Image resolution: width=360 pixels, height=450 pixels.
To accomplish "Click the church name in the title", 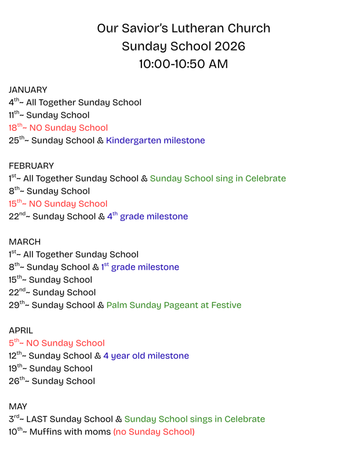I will tap(183, 29).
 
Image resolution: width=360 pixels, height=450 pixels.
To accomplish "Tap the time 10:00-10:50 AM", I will tap(183, 64).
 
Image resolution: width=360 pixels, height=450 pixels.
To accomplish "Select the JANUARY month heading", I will tap(28, 90).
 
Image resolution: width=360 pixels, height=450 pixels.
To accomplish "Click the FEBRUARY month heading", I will tap(31, 166).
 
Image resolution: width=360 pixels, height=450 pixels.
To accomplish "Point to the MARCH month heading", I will tap(25, 242).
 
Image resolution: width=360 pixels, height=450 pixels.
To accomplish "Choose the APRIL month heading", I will tap(21, 330).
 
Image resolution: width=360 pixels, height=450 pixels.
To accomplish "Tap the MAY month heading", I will tap(18, 406).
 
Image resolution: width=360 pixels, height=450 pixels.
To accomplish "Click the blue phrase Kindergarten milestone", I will tap(155, 141).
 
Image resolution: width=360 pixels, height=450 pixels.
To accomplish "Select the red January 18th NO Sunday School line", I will tap(58, 128).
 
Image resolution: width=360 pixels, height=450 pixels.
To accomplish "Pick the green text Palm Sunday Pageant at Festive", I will tap(174, 305).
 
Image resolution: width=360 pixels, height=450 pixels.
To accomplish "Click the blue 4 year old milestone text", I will tap(146, 356).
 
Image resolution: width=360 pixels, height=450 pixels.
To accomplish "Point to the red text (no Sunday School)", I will tap(154, 432).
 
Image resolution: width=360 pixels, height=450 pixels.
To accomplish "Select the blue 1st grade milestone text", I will tap(140, 267).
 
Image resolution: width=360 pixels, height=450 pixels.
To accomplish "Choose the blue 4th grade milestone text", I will tap(147, 216).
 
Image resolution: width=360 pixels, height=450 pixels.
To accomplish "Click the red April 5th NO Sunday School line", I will tap(57, 343).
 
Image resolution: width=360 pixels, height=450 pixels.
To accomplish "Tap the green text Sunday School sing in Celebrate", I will tap(218, 178).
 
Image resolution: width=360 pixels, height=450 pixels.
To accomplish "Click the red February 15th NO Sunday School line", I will tap(58, 204).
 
